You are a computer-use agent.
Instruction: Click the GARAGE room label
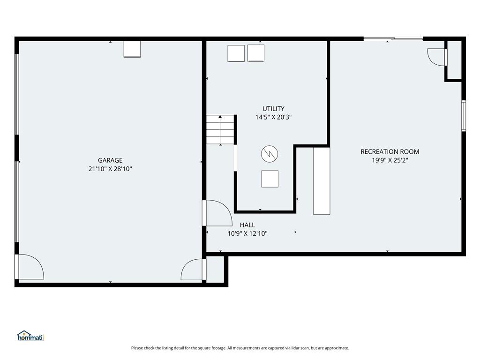110,160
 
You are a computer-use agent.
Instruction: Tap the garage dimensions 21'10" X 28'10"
110,169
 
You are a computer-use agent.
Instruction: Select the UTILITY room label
273,109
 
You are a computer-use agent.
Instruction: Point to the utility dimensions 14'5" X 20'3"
273,117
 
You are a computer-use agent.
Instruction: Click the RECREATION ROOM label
390,151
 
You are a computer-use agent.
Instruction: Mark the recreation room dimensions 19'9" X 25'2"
390,160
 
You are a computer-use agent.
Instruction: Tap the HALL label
247,225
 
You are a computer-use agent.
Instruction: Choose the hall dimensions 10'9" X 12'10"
247,233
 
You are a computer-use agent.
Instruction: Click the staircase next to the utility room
220,130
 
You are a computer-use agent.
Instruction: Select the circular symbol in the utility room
270,153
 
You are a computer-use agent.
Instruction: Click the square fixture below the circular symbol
270,179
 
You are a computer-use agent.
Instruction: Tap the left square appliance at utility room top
236,53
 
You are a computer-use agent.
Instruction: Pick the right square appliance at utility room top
256,53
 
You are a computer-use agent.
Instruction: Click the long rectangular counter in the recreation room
322,181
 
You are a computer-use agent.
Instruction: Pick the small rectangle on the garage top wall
132,49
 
